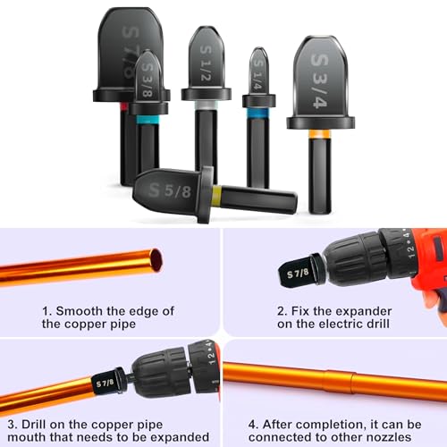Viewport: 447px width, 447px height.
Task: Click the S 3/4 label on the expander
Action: pos(319,81)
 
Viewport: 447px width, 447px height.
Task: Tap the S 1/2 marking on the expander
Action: pos(206,63)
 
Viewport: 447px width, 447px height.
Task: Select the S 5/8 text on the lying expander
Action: pos(170,190)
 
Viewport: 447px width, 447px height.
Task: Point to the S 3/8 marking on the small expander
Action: pos(148,80)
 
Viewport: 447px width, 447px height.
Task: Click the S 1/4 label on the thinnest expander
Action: pos(258,75)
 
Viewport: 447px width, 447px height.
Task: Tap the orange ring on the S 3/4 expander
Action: pos(320,134)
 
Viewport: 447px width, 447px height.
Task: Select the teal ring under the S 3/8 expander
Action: pos(148,120)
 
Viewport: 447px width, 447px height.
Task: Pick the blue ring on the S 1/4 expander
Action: pos(257,113)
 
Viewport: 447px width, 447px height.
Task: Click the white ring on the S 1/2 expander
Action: pos(206,105)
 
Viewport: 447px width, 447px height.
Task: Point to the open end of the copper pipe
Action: pos(156,260)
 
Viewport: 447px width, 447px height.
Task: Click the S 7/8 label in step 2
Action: pos(298,273)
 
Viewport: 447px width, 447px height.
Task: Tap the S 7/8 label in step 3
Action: pos(105,383)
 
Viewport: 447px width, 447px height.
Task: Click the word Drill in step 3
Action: pos(33,425)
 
